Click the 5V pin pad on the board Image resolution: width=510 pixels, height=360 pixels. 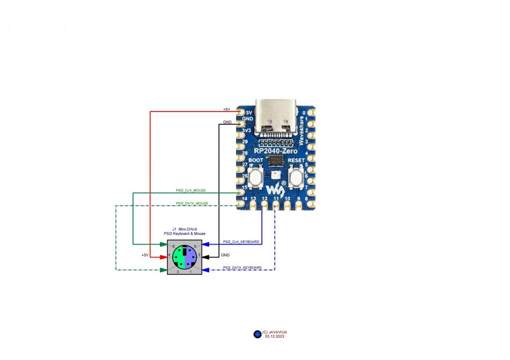click(242, 112)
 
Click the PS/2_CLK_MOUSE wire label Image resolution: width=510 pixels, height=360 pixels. click(191, 191)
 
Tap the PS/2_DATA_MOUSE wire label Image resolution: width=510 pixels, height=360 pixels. click(192, 203)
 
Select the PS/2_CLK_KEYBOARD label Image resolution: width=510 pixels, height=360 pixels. click(242, 241)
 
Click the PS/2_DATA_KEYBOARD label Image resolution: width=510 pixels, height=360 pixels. click(242, 268)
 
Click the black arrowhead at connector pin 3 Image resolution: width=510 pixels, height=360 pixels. click(206, 257)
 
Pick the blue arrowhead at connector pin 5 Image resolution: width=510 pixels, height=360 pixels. click(206, 244)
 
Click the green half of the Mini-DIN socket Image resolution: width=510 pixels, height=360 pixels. click(178, 257)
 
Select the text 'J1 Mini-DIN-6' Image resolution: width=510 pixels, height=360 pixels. click(184, 229)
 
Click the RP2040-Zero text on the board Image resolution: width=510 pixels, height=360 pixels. click(276, 151)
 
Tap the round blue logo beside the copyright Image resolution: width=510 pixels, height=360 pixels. click(257, 334)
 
